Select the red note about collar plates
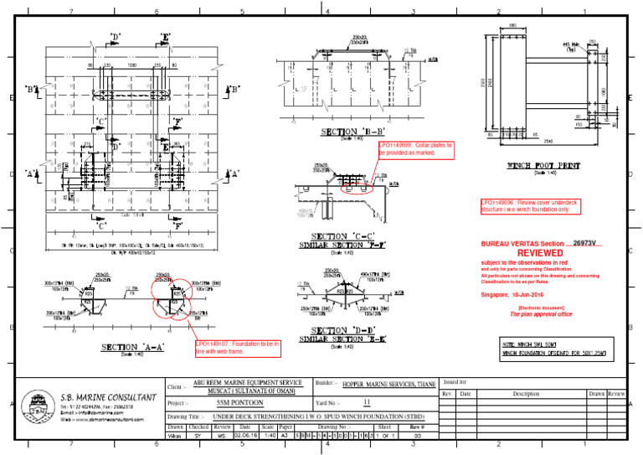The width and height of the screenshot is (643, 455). coord(416,149)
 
